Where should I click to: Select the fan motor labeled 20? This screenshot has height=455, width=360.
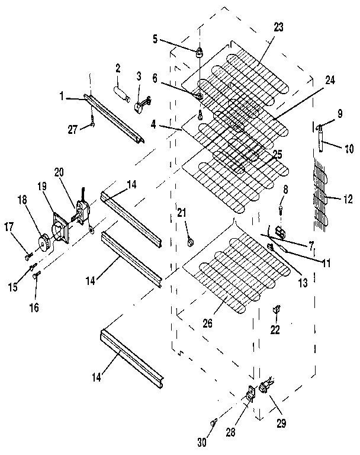[x=80, y=212]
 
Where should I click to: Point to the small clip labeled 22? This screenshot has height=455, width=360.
[x=277, y=309]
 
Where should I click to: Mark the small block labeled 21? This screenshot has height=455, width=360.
[x=190, y=241]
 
